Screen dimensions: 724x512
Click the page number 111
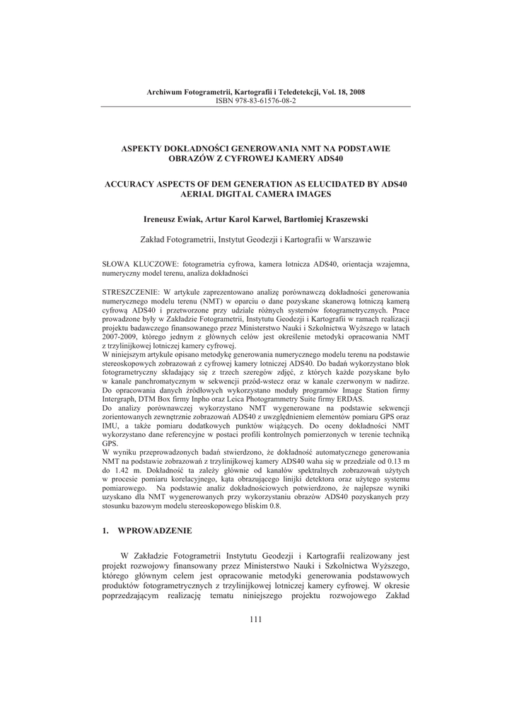[255, 620]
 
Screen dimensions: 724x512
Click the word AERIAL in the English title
[196, 193]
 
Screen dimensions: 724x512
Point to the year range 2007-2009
[121, 337]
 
